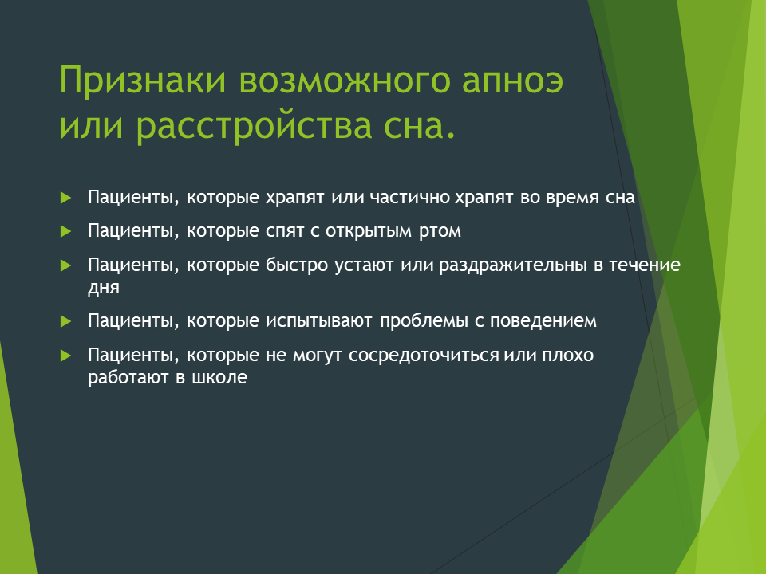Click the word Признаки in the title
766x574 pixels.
tap(143, 80)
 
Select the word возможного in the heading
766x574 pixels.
tap(345, 79)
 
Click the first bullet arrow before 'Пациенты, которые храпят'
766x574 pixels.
tap(66, 199)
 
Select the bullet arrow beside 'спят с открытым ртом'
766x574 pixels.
tap(66, 231)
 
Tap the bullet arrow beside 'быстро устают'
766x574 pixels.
tap(66, 265)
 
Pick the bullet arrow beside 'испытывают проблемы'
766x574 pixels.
tap(66, 321)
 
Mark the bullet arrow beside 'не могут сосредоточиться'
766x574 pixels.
tap(66, 356)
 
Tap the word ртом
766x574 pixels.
tap(440, 231)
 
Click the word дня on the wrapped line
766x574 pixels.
tap(104, 288)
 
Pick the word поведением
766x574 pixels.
tap(543, 321)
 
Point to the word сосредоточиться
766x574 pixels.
tap(424, 356)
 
